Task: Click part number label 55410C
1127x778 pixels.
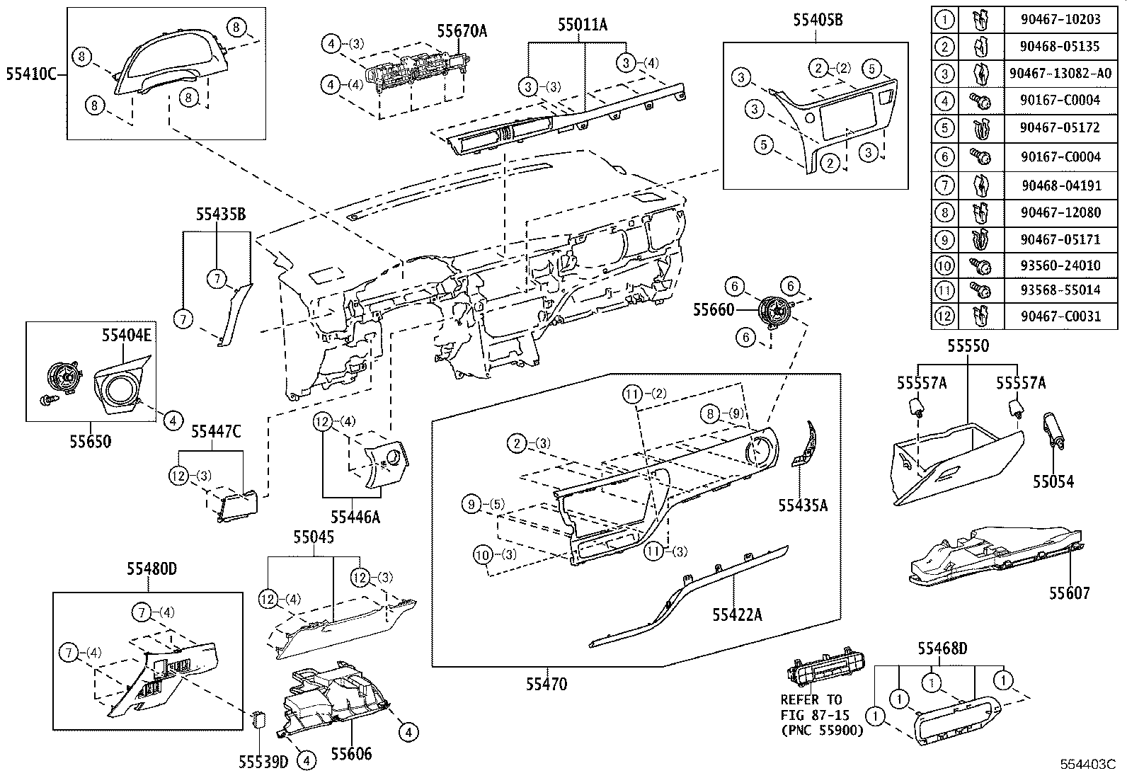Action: [31, 73]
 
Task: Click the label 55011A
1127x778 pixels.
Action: [582, 26]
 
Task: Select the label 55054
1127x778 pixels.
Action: [1052, 482]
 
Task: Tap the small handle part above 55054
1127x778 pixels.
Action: [1052, 432]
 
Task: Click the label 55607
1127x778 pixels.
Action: [1069, 593]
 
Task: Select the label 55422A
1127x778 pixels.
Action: [737, 614]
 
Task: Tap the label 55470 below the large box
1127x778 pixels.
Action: [546, 684]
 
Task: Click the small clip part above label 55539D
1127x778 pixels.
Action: [260, 721]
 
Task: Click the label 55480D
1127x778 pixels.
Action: [151, 568]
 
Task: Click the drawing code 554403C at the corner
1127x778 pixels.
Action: [1087, 765]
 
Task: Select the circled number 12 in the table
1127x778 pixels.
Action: [944, 316]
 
